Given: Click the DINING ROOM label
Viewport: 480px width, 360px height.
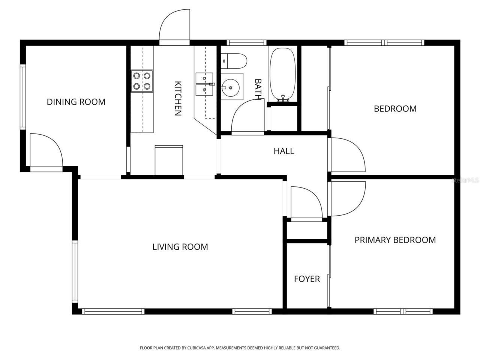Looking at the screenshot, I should click(76, 102).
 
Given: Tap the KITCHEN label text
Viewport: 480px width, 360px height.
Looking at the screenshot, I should click(178, 98).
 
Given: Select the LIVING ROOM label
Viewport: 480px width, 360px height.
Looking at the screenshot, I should click(180, 247).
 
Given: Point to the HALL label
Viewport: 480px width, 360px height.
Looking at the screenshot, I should click(284, 151).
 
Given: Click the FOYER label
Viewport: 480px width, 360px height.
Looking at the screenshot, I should click(307, 279).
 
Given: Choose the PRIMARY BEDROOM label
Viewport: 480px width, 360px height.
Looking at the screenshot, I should click(395, 240).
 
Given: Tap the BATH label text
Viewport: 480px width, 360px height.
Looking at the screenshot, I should click(258, 89).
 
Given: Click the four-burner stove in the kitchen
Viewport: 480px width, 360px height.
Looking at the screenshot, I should click(142, 81).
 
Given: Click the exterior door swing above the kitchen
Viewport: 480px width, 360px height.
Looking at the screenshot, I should click(174, 26).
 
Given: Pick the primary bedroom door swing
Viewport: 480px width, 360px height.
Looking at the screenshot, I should click(347, 199).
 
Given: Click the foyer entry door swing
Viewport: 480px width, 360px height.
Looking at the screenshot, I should click(304, 202).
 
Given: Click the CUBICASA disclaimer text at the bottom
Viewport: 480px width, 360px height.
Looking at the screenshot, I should click(240, 348).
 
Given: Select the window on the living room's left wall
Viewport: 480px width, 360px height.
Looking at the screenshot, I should click(75, 272).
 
